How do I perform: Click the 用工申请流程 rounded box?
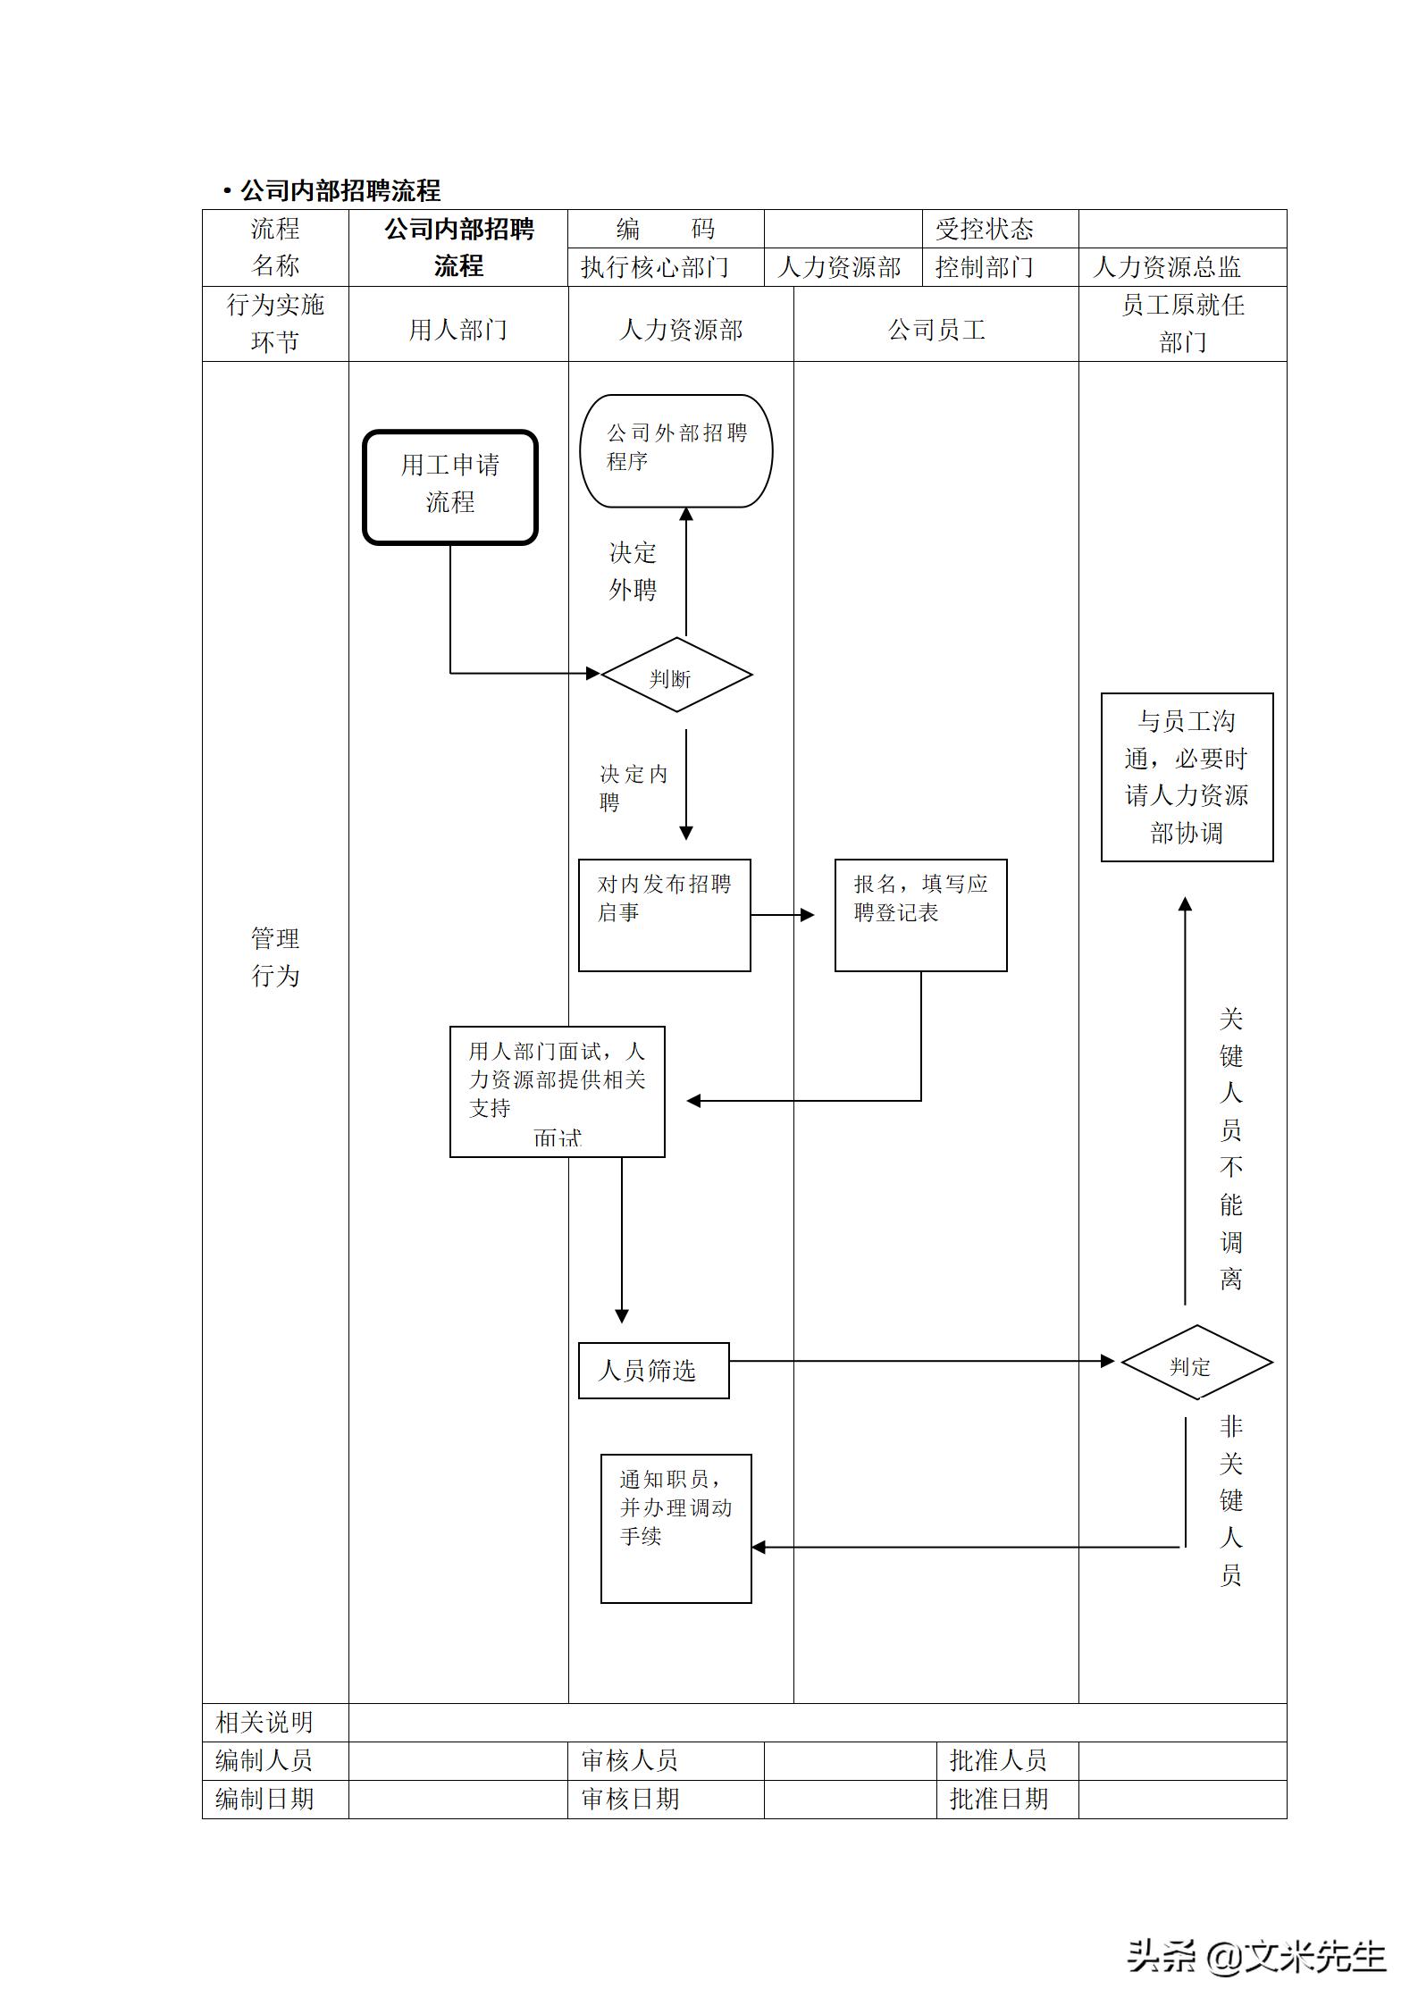pos(449,487)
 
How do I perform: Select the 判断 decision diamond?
pos(676,675)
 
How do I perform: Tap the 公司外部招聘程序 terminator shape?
pos(676,451)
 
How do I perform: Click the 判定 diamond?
pos(1196,1363)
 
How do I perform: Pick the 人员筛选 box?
pos(653,1371)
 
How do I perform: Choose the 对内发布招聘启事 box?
pos(664,915)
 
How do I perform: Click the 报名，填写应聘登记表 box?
pos(920,915)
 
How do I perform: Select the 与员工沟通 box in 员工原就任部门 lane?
pos(1187,776)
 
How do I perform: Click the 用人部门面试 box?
pos(557,1091)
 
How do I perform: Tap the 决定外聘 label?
pos(633,571)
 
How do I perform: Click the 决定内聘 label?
pos(633,786)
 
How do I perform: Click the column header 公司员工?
pos(936,330)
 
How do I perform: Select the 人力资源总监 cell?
pos(1167,267)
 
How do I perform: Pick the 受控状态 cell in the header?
pos(984,230)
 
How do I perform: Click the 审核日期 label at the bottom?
pos(630,1799)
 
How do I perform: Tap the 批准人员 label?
pos(997,1760)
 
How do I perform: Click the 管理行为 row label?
pos(274,956)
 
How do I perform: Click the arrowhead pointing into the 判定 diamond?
pos(1108,1361)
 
